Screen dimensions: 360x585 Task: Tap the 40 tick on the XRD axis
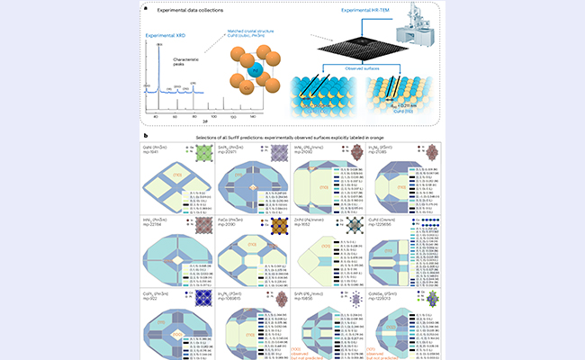coord(156,116)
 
